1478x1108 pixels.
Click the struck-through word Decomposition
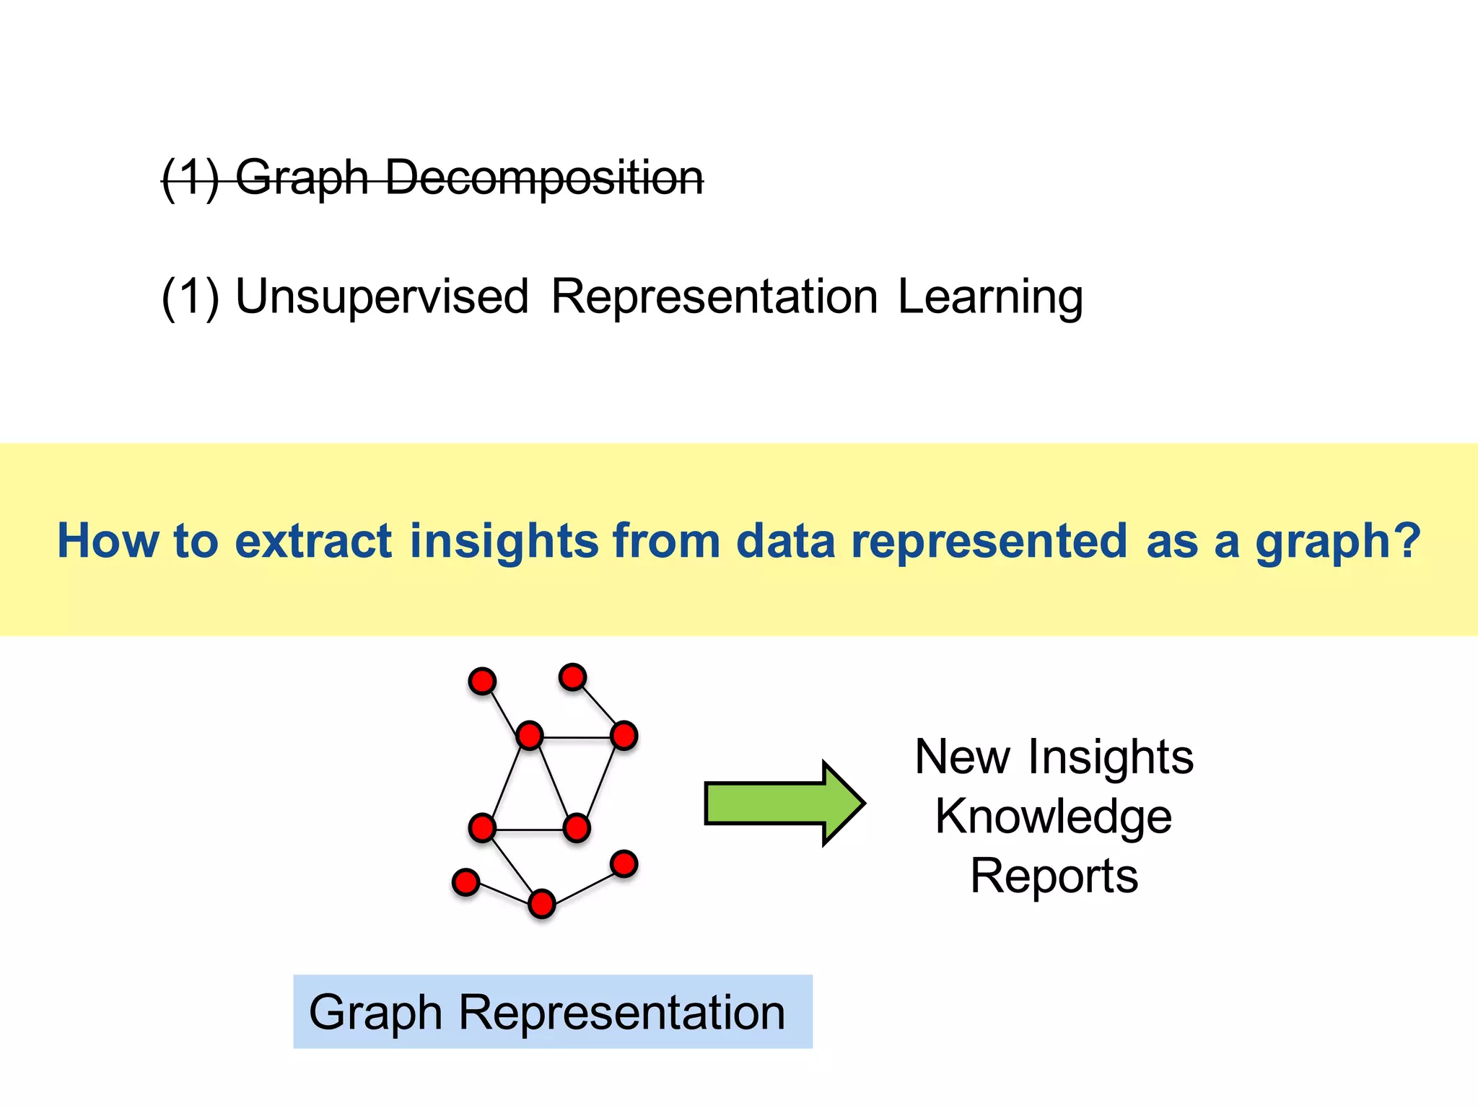[x=544, y=177]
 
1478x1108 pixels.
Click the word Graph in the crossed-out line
[x=302, y=177]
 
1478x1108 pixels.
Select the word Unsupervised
[x=382, y=296]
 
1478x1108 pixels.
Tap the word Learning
[x=990, y=296]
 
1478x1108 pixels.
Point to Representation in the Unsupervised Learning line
[x=714, y=296]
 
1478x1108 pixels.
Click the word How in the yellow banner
[x=108, y=540]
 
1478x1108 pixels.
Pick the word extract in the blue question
[x=313, y=540]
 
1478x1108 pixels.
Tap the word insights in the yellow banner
[x=504, y=540]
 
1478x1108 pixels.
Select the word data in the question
[x=785, y=540]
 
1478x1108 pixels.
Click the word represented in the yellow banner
[x=989, y=540]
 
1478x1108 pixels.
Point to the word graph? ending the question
[x=1337, y=542]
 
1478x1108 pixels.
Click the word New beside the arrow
[x=963, y=757]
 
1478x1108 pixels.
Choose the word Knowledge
[x=1054, y=817]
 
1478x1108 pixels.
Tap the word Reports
[x=1054, y=876]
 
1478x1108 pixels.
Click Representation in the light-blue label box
[x=622, y=1012]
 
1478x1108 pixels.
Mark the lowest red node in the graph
[x=542, y=904]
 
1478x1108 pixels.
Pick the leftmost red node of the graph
[x=465, y=881]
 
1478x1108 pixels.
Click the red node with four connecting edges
[x=530, y=736]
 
